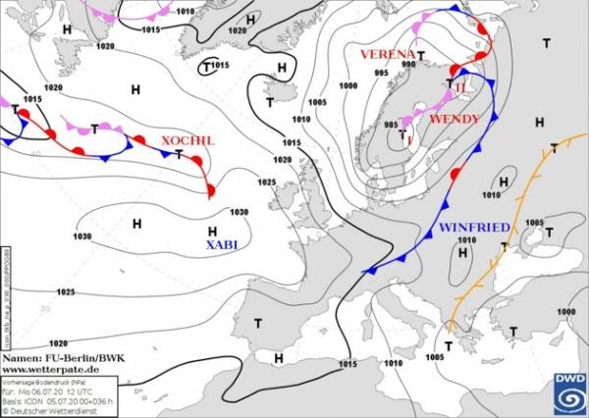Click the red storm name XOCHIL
point(187,140)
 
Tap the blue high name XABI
point(222,244)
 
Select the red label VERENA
point(387,53)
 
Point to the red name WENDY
point(455,119)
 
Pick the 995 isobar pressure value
point(382,73)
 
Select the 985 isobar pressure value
point(391,125)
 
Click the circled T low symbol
point(207,67)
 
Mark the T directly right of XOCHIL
point(179,154)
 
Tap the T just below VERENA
point(421,56)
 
